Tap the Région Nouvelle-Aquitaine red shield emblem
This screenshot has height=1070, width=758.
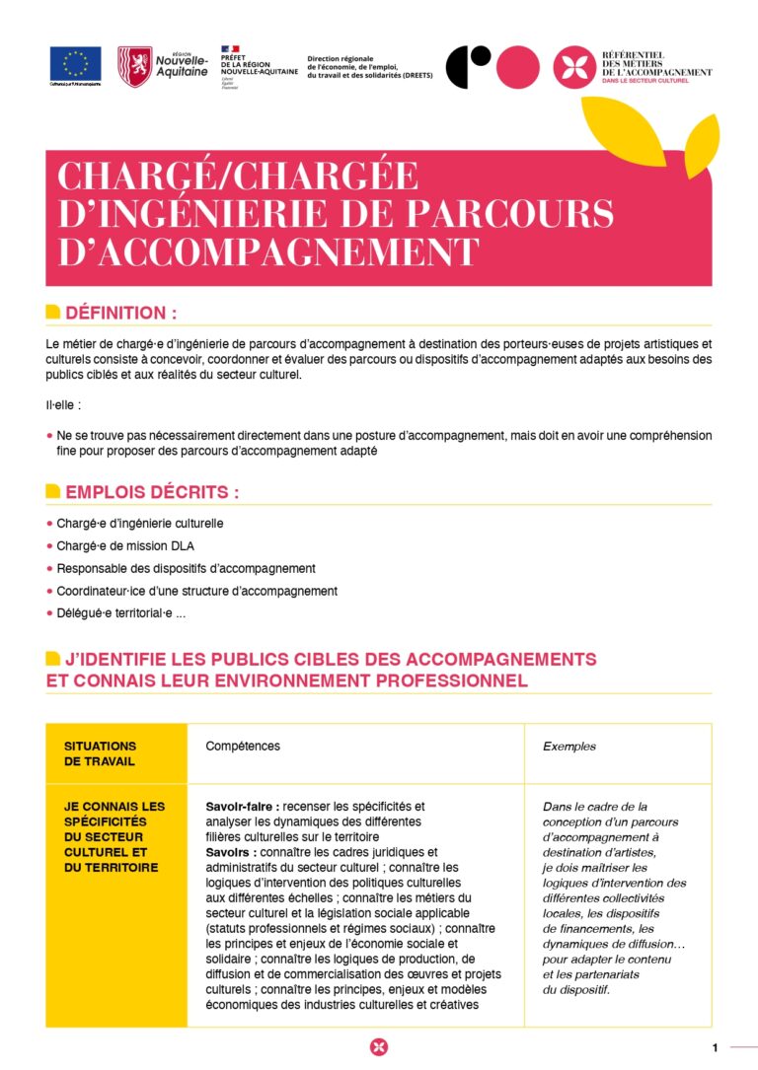click(134, 66)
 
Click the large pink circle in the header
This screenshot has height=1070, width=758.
click(518, 67)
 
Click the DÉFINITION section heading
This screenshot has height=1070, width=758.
click(120, 313)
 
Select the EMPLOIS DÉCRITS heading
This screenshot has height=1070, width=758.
click(152, 492)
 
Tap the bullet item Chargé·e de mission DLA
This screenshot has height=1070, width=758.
click(119, 545)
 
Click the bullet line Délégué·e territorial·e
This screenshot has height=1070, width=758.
click(120, 613)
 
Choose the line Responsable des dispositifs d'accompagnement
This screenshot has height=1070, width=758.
click(186, 568)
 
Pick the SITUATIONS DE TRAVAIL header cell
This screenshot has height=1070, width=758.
click(101, 753)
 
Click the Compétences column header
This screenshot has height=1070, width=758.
click(243, 747)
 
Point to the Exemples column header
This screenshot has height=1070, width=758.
click(569, 747)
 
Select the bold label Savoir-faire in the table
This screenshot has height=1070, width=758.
click(242, 806)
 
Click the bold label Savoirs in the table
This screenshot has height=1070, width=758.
click(230, 851)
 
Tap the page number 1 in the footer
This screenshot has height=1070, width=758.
click(714, 1047)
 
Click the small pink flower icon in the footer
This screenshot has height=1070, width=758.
click(379, 1047)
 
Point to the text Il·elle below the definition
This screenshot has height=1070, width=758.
click(63, 404)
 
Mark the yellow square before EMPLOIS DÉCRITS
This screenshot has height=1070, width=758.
click(53, 492)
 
